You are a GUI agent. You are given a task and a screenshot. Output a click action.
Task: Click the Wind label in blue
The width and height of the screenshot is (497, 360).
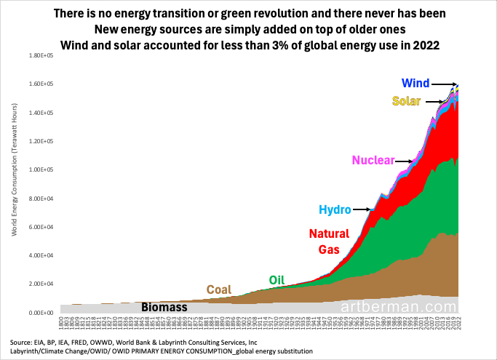pyautogui.click(x=416, y=83)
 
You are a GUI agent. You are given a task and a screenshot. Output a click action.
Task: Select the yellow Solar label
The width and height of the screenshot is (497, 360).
pyautogui.click(x=406, y=101)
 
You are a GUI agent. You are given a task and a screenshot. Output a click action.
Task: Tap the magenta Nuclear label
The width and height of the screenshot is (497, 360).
pyautogui.click(x=374, y=160)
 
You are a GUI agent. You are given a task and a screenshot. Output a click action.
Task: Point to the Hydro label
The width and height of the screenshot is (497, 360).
pyautogui.click(x=335, y=210)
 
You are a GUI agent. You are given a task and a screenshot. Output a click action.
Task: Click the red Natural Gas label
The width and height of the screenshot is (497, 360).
pyautogui.click(x=329, y=241)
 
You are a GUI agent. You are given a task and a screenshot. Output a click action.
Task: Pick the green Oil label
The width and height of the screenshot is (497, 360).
pyautogui.click(x=277, y=279)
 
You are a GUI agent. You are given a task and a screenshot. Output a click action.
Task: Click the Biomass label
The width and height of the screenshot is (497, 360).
pyautogui.click(x=164, y=307)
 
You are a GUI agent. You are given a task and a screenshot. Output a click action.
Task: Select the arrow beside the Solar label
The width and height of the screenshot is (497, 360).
pyautogui.click(x=434, y=101)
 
